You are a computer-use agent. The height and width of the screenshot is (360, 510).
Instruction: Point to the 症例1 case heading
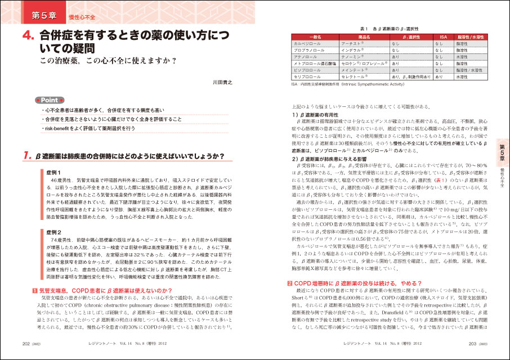54,170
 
